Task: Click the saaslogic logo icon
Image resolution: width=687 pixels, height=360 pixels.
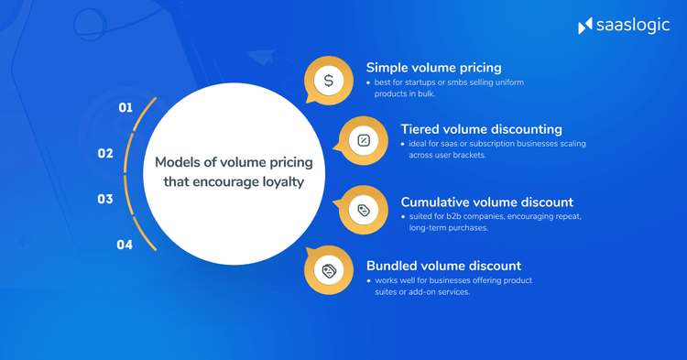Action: click(x=586, y=26)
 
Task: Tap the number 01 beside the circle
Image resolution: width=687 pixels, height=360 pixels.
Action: click(x=125, y=108)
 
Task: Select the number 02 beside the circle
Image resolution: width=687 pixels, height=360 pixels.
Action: click(x=105, y=153)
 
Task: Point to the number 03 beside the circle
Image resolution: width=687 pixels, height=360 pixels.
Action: click(x=105, y=199)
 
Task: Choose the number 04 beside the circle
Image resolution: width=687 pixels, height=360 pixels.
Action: click(x=125, y=245)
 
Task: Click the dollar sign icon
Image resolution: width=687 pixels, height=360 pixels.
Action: click(x=329, y=81)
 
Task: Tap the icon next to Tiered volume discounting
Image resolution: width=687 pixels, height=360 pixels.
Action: click(x=364, y=140)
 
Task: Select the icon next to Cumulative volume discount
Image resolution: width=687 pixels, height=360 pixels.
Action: click(x=364, y=211)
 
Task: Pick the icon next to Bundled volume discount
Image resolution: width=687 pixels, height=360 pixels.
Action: click(x=329, y=270)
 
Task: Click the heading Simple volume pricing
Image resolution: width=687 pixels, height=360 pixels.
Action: click(x=433, y=67)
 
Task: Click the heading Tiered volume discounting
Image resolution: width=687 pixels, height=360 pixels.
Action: click(x=481, y=128)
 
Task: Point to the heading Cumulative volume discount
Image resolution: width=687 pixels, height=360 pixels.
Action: click(x=486, y=201)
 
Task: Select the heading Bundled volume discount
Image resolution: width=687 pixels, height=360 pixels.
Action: click(x=443, y=265)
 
